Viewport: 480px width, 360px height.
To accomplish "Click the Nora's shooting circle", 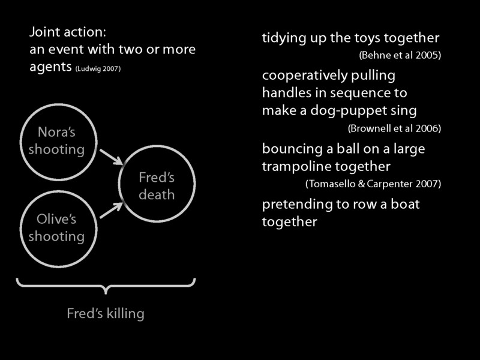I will (56, 140).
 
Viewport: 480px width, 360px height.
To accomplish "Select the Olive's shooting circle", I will (56, 228).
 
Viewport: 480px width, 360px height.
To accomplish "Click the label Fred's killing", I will (105, 313).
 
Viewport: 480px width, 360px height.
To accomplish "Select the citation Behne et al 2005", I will (400, 55).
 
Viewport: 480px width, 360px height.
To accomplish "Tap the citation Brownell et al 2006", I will (394, 128).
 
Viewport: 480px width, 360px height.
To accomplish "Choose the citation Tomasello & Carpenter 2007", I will (373, 183).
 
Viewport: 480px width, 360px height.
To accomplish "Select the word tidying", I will (283, 38).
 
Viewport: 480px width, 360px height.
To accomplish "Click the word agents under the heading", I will (50, 67).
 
